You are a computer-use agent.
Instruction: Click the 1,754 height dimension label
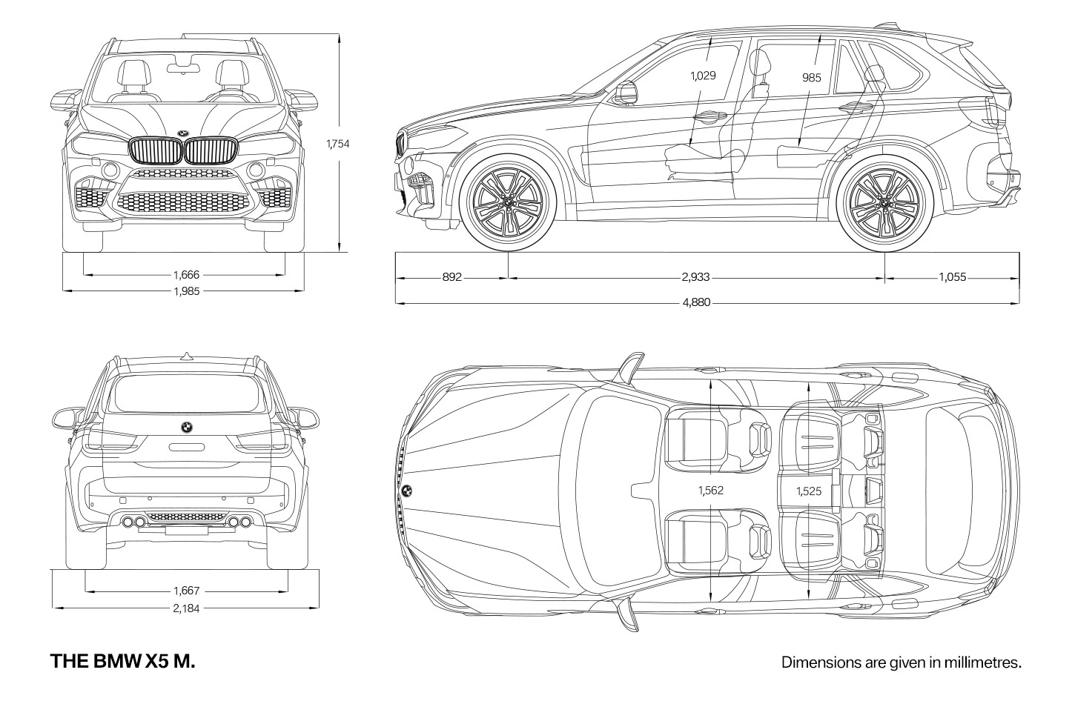(338, 143)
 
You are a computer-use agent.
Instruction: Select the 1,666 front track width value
(186, 275)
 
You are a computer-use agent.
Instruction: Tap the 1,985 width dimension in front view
(187, 290)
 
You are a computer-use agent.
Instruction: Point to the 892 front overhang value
(451, 277)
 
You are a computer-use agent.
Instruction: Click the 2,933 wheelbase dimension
(695, 277)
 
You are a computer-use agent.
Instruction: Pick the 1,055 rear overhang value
(953, 277)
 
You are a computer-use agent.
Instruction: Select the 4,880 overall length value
(696, 302)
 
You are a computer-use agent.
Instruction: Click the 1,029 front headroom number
(703, 76)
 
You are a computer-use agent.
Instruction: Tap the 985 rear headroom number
(812, 77)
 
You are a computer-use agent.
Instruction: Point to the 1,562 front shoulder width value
(711, 490)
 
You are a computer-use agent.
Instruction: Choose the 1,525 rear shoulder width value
(809, 491)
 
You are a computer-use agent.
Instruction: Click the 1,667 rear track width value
(186, 591)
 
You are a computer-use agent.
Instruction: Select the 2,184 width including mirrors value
(186, 608)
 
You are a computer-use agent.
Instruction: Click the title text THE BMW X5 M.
(123, 661)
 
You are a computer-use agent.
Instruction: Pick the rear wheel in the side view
(885, 202)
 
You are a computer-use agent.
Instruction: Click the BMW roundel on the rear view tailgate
(187, 428)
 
